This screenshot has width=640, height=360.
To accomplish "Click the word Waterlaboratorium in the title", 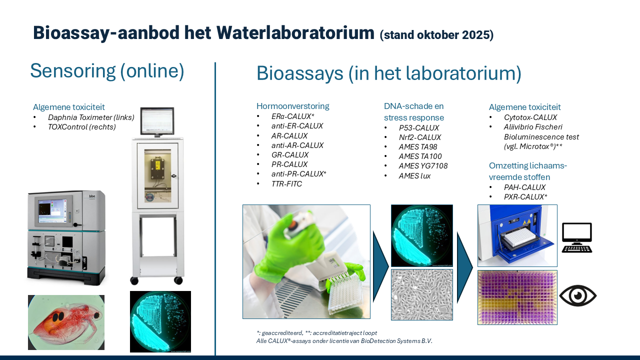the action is (295, 33).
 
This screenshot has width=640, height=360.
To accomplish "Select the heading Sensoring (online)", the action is (107, 71).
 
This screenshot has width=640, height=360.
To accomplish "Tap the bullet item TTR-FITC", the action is (286, 183).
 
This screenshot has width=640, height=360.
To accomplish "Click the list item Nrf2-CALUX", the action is (419, 137).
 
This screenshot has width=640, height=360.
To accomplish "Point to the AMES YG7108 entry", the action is (423, 166).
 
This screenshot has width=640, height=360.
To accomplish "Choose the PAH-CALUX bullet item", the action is (524, 187).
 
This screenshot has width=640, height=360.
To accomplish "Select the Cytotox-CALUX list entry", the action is (530, 117).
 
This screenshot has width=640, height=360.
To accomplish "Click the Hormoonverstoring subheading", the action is (293, 106).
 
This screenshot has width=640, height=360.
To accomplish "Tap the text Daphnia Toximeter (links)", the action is (91, 117).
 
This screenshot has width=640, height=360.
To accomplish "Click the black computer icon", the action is (577, 237).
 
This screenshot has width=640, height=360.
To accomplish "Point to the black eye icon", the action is (577, 295).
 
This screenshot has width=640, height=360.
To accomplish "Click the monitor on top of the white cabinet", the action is (157, 121).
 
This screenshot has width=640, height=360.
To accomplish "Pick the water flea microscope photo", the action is (66, 322).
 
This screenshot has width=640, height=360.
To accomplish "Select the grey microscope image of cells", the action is (422, 294).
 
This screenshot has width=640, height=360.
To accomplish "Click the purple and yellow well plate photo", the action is (517, 297).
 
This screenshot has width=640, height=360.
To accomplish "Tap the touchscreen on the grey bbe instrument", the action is (51, 211).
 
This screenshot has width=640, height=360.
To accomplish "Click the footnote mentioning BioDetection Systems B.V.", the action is (344, 341).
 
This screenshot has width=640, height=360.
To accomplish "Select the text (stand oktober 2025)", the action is (436, 35).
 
